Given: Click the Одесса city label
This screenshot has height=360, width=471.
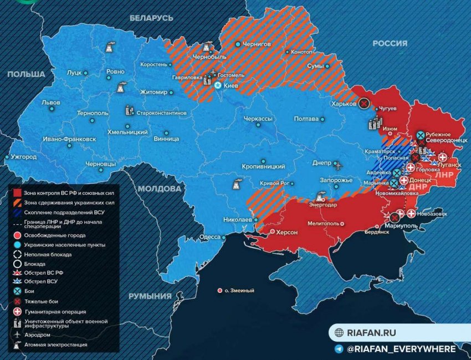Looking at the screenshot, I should click(209, 236).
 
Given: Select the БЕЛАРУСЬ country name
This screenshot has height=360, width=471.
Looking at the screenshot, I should click(151, 18).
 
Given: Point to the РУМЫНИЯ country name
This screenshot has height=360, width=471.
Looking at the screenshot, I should click(150, 296).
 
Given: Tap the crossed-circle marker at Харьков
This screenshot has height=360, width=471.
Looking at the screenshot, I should click(364, 103).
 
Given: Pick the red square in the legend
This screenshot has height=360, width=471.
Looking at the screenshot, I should click(17, 192).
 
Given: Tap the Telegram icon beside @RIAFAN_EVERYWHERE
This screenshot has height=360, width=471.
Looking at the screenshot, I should click(339, 349).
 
